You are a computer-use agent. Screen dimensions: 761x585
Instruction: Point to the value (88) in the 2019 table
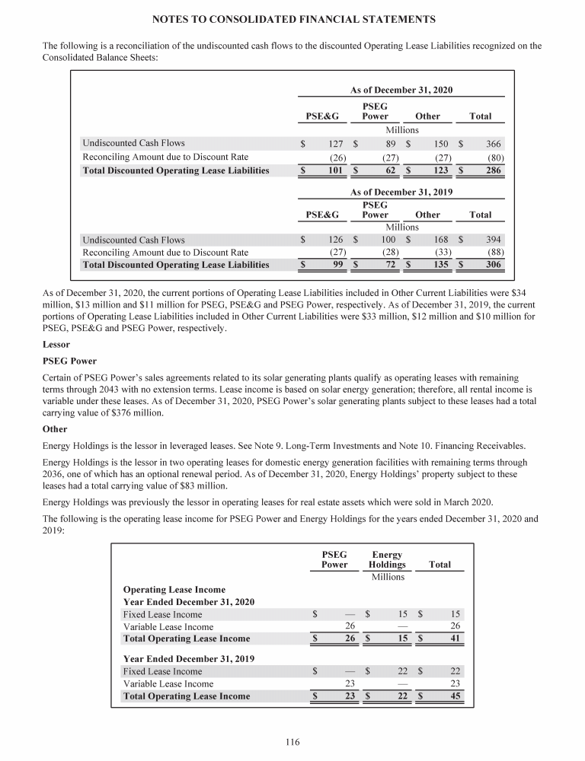pyautogui.click(x=494, y=252)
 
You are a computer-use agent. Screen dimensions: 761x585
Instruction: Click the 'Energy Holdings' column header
pyautogui.click(x=387, y=560)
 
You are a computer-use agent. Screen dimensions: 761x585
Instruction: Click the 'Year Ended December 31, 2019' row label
pyautogui.click(x=188, y=658)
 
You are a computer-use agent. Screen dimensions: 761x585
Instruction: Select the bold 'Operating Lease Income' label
pyautogui.click(x=174, y=589)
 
